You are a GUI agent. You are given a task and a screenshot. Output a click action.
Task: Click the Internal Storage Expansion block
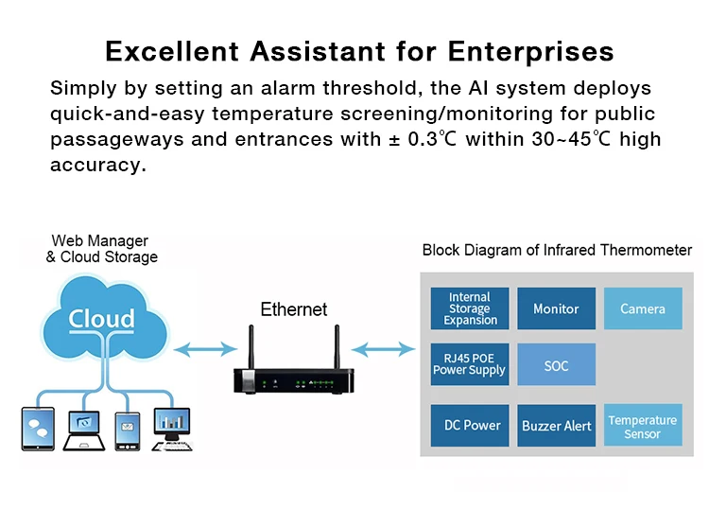click(x=470, y=308)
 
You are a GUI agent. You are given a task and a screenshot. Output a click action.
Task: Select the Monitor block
click(x=556, y=308)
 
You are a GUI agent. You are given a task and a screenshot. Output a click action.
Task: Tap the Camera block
click(x=643, y=308)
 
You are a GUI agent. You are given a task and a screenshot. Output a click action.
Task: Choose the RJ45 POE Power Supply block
click(x=470, y=364)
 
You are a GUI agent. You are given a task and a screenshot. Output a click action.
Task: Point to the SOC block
click(x=556, y=364)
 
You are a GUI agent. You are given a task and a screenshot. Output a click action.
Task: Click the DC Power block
click(x=470, y=426)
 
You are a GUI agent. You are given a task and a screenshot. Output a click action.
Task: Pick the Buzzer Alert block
click(x=556, y=426)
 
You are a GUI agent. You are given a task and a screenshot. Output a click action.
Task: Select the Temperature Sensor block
click(x=643, y=426)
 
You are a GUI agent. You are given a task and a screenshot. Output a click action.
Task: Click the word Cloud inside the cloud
click(x=102, y=319)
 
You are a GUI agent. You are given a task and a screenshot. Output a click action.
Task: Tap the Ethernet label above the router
click(x=294, y=309)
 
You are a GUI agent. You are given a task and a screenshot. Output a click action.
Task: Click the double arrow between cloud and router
click(x=205, y=349)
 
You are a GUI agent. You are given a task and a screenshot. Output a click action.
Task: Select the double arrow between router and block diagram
click(x=383, y=349)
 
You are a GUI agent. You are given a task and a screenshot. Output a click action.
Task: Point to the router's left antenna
click(x=251, y=347)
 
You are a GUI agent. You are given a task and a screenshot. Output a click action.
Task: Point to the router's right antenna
click(x=337, y=347)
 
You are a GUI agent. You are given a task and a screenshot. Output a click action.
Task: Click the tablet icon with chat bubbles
click(x=38, y=429)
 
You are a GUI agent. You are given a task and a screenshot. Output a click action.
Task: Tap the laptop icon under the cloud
click(x=84, y=431)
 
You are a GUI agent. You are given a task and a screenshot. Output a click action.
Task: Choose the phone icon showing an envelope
click(x=128, y=431)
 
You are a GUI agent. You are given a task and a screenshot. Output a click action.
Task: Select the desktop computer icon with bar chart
click(x=172, y=429)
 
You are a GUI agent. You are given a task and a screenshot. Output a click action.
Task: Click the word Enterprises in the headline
click(x=531, y=52)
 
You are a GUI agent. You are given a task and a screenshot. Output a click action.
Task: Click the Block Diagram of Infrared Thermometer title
click(x=557, y=250)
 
